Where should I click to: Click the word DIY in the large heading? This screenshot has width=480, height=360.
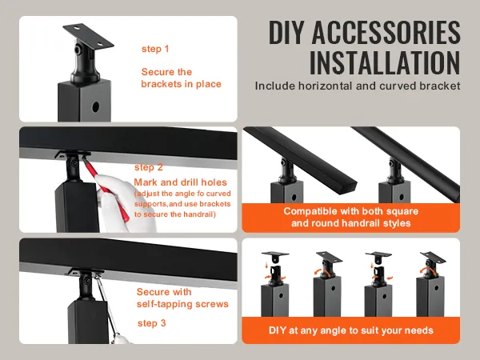tap(288, 32)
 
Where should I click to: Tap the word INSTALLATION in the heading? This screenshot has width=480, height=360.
tap(385, 62)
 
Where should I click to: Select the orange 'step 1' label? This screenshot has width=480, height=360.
tap(155, 49)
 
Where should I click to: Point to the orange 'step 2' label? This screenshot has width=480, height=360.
tap(149, 167)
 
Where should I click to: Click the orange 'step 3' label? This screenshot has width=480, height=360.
tap(152, 323)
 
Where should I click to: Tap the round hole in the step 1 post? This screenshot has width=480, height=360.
tap(95, 107)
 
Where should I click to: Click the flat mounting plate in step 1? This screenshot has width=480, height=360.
tap(88, 35)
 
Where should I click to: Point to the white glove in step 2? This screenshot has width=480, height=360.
tap(122, 203)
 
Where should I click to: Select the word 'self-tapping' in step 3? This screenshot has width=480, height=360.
tap(164, 304)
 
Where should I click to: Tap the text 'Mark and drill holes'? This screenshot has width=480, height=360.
tap(180, 182)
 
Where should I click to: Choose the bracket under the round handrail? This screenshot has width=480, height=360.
tap(394, 171)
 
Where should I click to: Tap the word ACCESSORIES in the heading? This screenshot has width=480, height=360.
tap(386, 32)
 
